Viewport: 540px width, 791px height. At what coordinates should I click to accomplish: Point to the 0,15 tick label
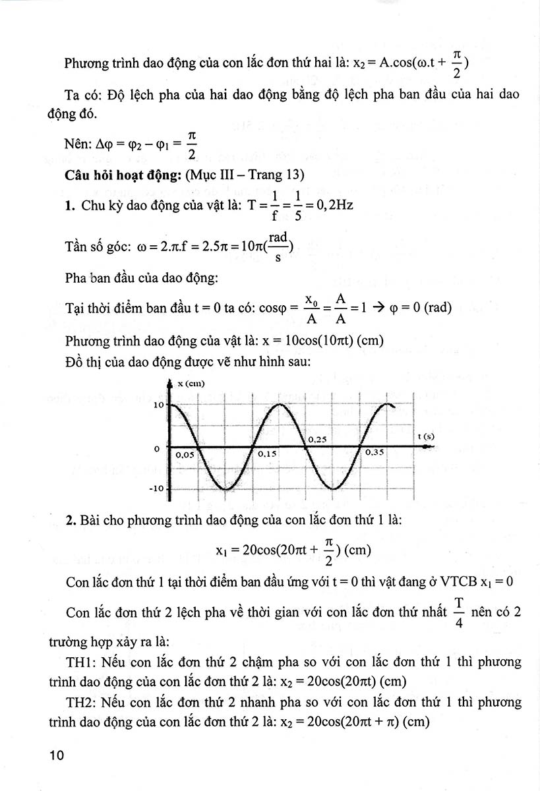coord(267,454)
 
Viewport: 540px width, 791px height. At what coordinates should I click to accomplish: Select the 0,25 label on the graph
coord(318,439)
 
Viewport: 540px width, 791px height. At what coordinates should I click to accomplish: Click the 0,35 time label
coord(374,454)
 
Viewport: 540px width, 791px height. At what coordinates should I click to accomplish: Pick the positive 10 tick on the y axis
coord(158,404)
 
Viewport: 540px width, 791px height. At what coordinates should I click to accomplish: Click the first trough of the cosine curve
coord(225,489)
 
